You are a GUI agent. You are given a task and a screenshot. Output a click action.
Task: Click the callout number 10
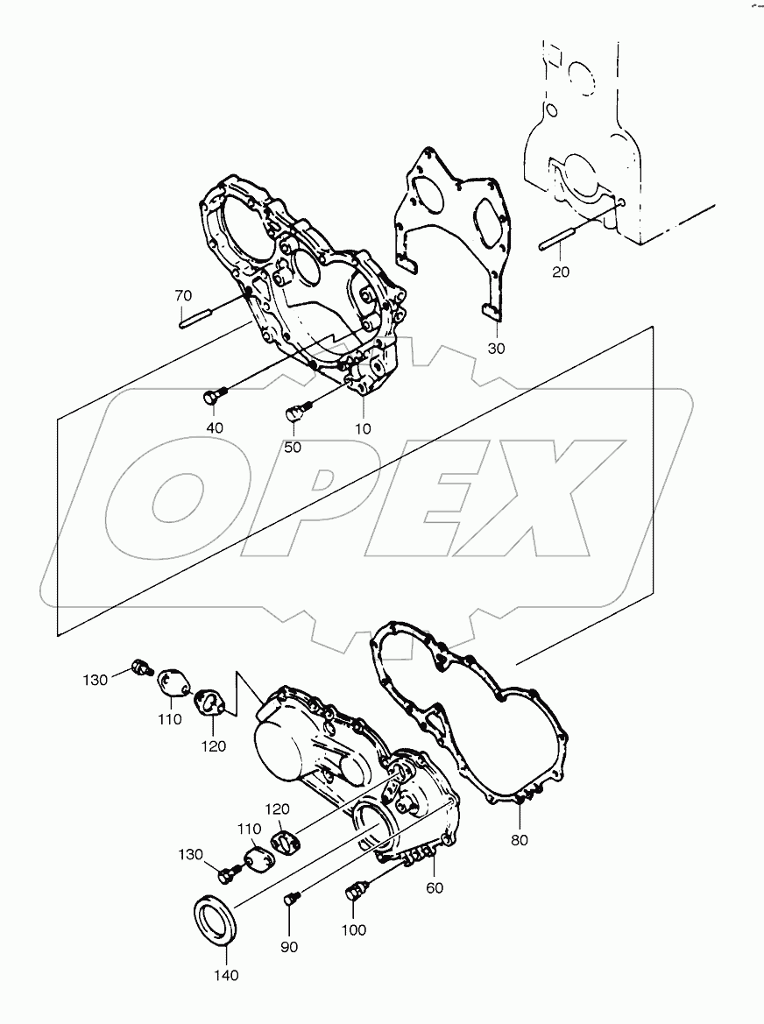click(x=363, y=428)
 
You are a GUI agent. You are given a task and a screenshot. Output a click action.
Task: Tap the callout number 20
click(x=561, y=272)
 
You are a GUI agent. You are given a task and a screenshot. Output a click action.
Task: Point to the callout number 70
click(x=182, y=295)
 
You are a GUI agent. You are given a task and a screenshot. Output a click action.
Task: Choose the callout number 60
click(x=435, y=888)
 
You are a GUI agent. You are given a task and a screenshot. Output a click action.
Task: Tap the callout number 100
click(x=354, y=930)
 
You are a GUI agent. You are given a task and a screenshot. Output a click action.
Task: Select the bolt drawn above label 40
click(x=212, y=397)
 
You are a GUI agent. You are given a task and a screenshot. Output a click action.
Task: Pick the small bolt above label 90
click(x=293, y=898)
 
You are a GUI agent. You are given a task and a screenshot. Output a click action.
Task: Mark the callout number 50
click(x=292, y=447)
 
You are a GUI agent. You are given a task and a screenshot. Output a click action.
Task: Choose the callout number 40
click(x=214, y=427)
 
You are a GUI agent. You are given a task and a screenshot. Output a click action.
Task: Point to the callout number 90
click(x=288, y=946)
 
